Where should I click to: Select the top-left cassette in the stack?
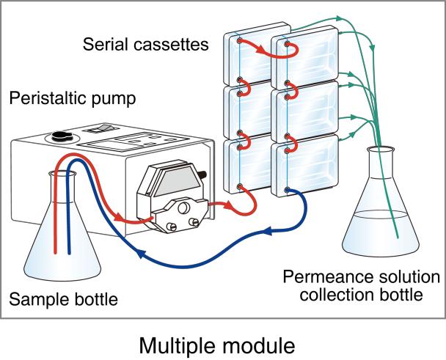click(x=246, y=59)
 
